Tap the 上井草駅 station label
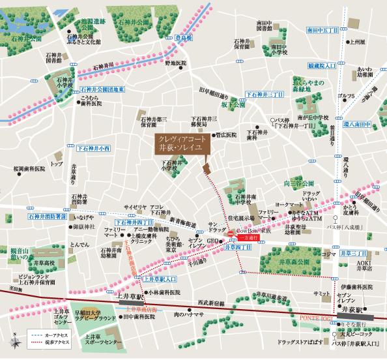(x=131, y=295)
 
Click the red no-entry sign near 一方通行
(x=229, y=233)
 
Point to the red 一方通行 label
(x=250, y=239)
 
